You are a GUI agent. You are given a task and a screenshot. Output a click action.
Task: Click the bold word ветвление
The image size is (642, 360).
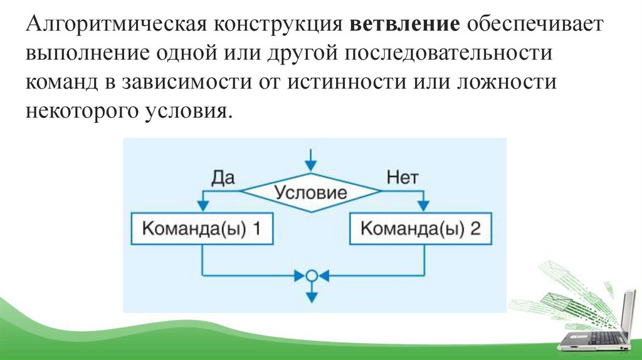pyautogui.click(x=406, y=26)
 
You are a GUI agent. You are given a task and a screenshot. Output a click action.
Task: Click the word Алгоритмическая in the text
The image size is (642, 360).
pyautogui.click(x=117, y=26)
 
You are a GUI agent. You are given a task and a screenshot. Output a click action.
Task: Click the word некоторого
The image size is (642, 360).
pyautogui.click(x=81, y=112)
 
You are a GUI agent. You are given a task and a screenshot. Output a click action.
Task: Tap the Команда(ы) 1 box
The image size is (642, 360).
pyautogui.click(x=202, y=229)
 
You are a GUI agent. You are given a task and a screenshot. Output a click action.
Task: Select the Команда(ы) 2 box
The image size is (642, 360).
pyautogui.click(x=422, y=229)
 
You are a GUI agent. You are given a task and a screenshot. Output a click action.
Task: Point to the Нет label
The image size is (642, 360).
pyautogui.click(x=402, y=177)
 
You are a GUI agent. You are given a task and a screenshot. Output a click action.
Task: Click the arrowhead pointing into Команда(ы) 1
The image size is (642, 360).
pyautogui.click(x=202, y=206)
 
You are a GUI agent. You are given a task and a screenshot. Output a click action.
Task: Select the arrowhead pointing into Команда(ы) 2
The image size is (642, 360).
pyautogui.click(x=423, y=206)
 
